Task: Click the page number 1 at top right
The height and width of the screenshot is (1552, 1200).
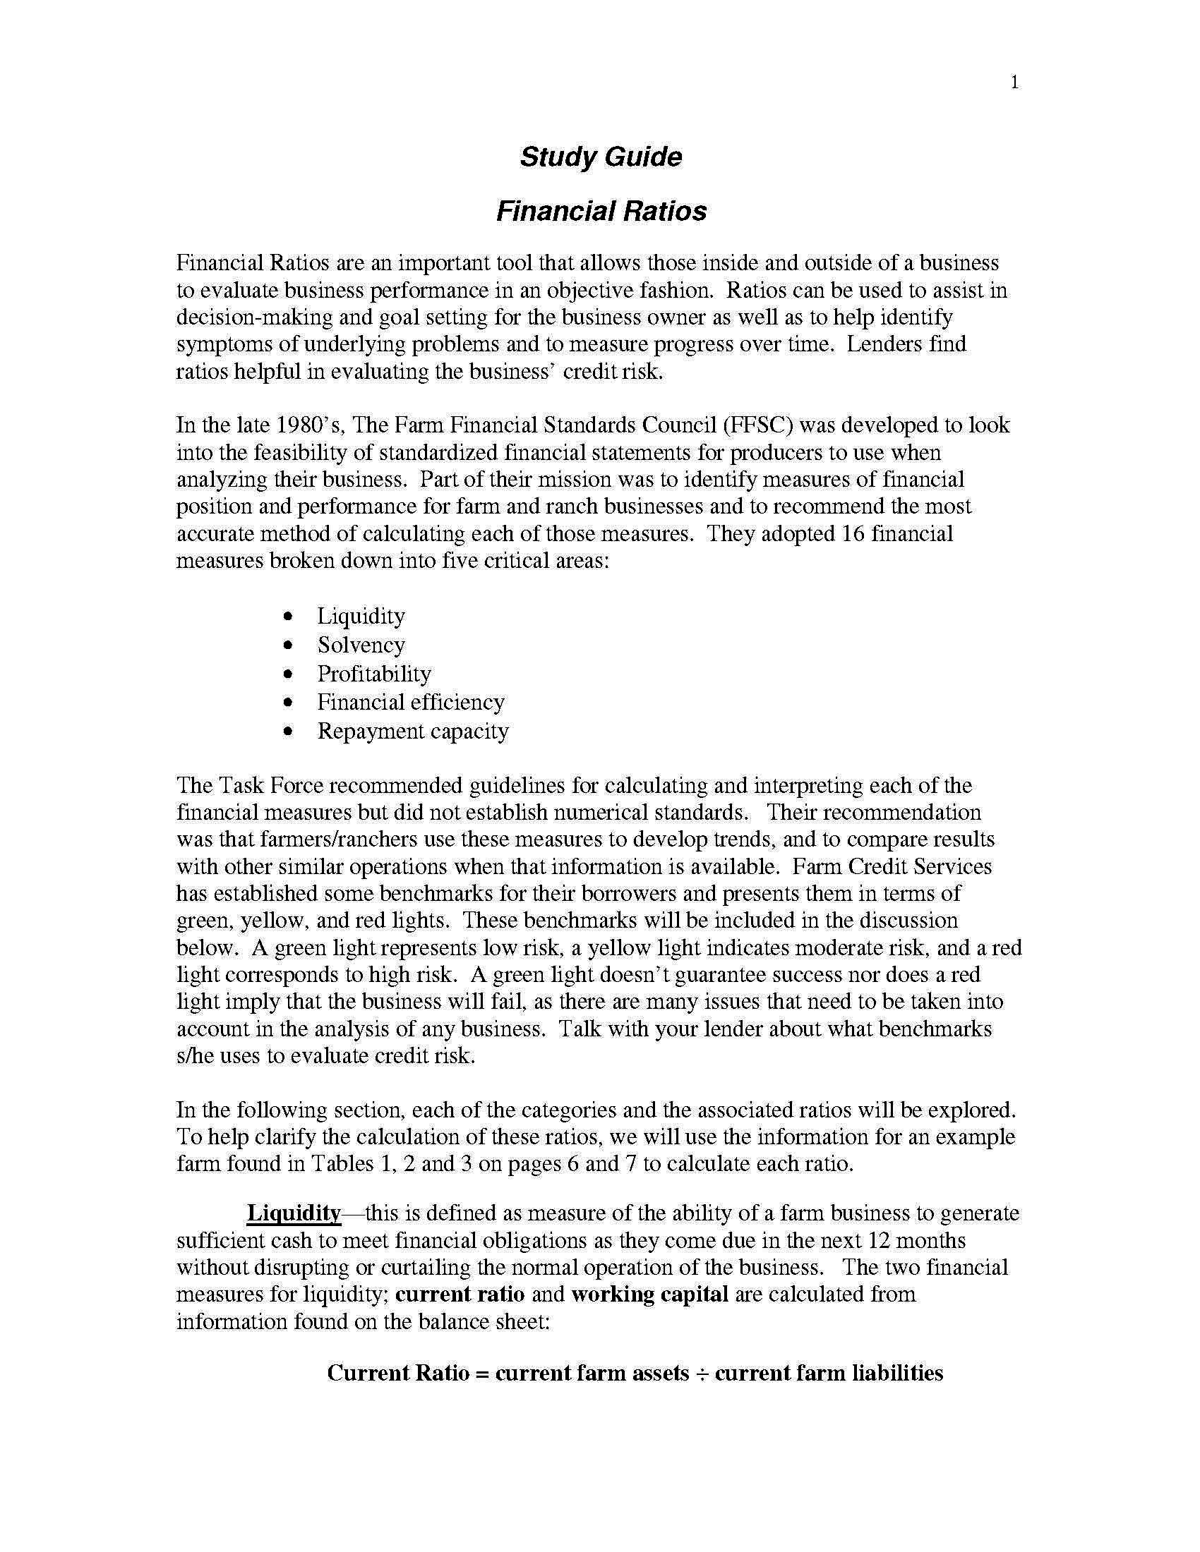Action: (x=1014, y=83)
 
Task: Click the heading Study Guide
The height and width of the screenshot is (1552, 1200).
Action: (x=600, y=157)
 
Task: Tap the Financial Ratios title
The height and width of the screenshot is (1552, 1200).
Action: (x=600, y=211)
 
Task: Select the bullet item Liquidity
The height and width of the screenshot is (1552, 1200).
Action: (x=361, y=616)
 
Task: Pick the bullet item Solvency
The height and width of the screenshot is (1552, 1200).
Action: (x=361, y=645)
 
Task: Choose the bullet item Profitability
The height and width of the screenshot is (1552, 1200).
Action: (x=374, y=674)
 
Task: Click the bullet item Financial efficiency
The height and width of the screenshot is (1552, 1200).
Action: (x=410, y=702)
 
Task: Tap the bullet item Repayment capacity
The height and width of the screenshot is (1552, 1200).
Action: (x=412, y=732)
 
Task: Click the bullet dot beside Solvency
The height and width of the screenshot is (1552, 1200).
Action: (x=287, y=645)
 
